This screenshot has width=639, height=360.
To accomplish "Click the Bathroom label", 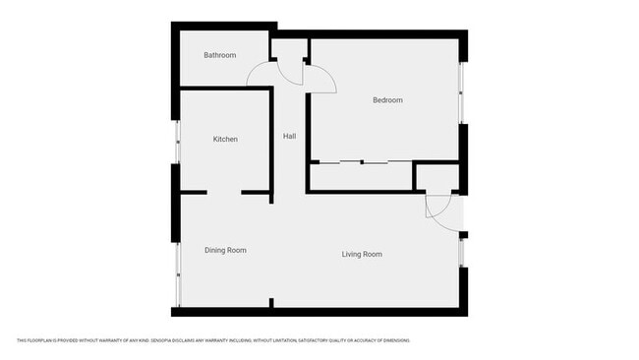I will click(220, 55).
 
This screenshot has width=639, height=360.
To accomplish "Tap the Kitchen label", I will click(225, 140).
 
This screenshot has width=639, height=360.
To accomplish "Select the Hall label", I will click(290, 136).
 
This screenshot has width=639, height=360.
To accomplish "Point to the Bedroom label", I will click(387, 100).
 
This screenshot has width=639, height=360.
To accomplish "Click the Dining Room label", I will click(225, 251).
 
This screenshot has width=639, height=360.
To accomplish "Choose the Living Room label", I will click(362, 255).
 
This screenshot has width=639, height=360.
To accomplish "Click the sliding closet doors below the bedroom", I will click(363, 161).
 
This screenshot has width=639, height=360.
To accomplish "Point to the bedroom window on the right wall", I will click(461, 93).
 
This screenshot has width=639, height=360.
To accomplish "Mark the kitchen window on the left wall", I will click(177, 144).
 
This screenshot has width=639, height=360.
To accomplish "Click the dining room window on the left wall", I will click(177, 272).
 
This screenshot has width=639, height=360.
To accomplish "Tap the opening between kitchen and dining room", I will click(224, 192).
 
